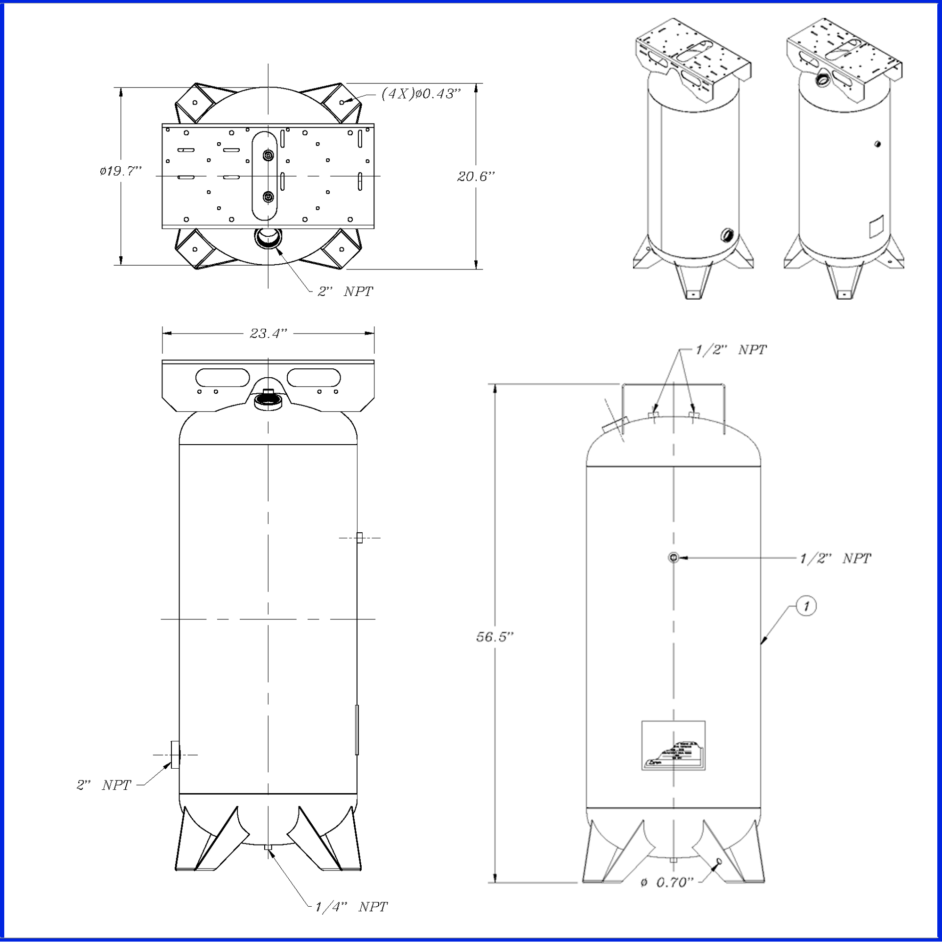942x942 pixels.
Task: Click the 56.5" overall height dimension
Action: point(495,637)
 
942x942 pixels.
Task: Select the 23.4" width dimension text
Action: point(268,333)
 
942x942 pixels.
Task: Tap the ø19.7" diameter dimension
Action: point(121,171)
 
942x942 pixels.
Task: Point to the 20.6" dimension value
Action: point(475,177)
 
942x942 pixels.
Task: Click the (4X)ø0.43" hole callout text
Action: point(421,94)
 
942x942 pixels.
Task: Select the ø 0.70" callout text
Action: point(666,883)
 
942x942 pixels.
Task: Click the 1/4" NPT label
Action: point(350,907)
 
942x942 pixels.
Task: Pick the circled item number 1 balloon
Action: point(806,606)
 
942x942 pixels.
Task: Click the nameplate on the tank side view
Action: point(673,746)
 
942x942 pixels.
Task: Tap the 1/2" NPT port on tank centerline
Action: point(674,557)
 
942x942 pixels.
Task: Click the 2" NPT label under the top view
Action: point(345,292)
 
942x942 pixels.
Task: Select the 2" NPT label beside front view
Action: point(103,785)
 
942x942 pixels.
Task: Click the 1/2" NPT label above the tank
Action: point(731,349)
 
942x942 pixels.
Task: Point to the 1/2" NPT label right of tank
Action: point(835,558)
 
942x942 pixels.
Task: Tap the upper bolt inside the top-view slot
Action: point(268,155)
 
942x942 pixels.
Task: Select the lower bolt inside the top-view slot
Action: point(268,197)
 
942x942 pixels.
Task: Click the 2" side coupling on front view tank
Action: point(175,754)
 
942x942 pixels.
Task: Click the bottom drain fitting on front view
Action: point(268,847)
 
